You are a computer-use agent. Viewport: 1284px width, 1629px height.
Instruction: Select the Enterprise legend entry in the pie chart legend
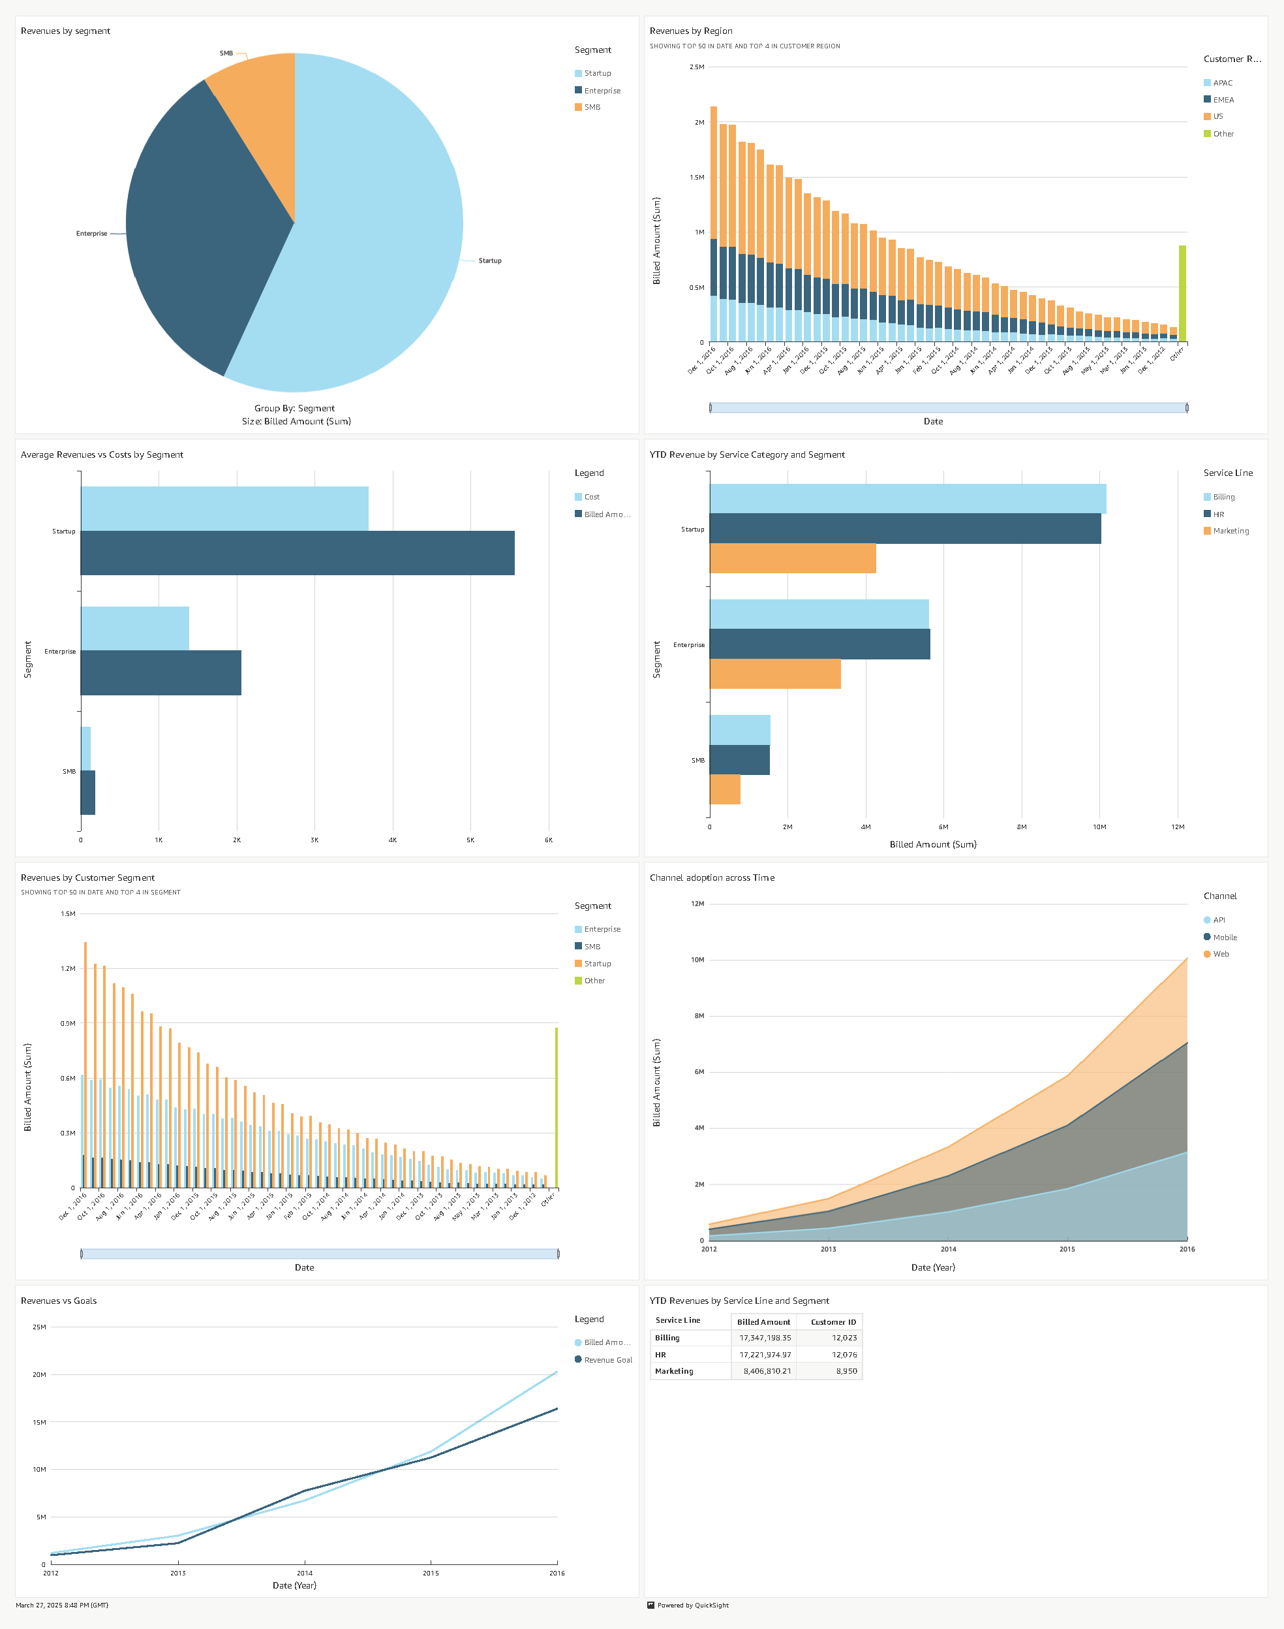click(602, 91)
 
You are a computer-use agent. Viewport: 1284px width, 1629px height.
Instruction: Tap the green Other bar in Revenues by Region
click(1182, 294)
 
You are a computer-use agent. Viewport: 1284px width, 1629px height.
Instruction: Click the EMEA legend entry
click(1223, 100)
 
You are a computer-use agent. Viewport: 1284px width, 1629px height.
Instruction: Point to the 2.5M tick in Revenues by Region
click(697, 68)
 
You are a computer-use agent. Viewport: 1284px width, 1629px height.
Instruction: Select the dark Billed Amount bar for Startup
click(297, 553)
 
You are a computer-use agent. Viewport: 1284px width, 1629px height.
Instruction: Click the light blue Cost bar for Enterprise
click(134, 628)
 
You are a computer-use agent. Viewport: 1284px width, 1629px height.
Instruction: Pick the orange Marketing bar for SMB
click(725, 789)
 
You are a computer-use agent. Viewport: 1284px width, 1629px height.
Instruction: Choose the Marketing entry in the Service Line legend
click(1230, 531)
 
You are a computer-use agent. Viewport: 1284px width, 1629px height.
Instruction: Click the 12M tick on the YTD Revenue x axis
click(1177, 827)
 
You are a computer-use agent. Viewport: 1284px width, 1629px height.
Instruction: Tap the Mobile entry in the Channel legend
click(1224, 937)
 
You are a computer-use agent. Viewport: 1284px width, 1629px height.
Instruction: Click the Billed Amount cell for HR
click(765, 1355)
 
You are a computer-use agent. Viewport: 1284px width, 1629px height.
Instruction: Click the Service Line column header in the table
click(677, 1320)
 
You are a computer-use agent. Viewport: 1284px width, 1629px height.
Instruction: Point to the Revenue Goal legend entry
click(607, 1360)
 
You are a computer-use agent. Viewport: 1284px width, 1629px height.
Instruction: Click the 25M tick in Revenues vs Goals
click(39, 1327)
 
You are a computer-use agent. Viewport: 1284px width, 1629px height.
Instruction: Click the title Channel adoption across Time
click(711, 878)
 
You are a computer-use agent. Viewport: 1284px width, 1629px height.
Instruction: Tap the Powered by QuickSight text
click(692, 1605)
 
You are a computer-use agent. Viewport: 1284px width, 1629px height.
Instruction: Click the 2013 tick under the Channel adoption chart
click(828, 1249)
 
